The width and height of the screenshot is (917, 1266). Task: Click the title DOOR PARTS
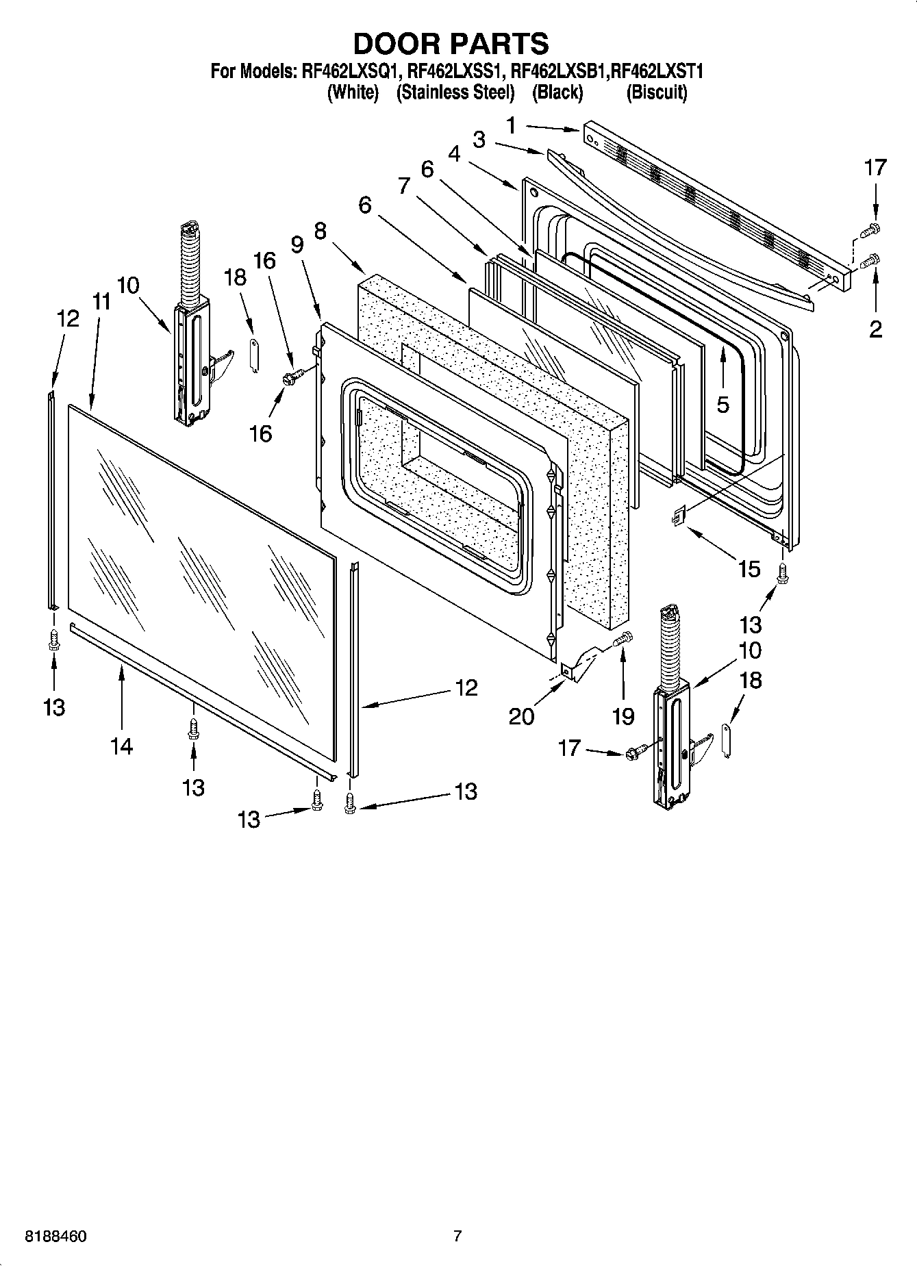point(451,43)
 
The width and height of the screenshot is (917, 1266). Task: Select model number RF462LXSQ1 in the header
point(350,71)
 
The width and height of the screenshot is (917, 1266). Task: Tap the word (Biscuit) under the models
point(656,92)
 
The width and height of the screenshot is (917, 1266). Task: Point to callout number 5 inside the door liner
point(723,404)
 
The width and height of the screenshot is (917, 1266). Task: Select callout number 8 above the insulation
point(320,231)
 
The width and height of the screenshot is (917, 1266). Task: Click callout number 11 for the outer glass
point(102,301)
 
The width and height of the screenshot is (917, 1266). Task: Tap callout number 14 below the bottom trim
point(121,746)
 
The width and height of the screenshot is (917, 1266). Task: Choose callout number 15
point(749,569)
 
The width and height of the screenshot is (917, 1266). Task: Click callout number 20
point(521,716)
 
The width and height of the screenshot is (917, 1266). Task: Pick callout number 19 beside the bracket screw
point(623,716)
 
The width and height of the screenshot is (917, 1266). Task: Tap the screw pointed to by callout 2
point(872,260)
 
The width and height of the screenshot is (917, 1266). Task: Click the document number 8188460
point(55,1236)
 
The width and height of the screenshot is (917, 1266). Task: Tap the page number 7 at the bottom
point(457,1236)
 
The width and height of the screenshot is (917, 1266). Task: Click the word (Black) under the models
point(557,92)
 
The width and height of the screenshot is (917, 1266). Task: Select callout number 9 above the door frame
point(297,244)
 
